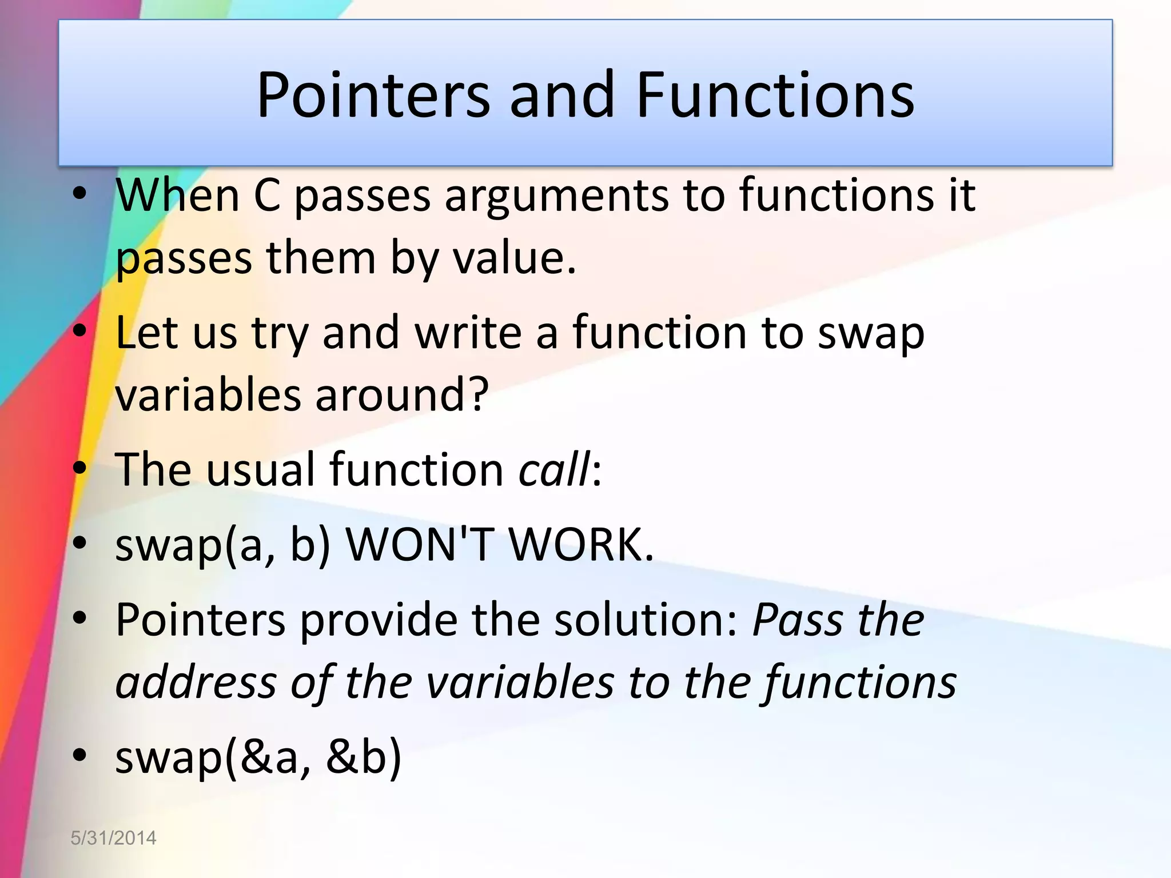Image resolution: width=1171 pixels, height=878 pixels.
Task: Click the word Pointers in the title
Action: click(x=373, y=95)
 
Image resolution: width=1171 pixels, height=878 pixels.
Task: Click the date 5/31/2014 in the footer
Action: click(x=113, y=838)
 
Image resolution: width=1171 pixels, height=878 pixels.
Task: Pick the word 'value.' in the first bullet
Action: click(x=515, y=258)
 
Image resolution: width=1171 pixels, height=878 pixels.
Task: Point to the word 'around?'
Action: click(x=402, y=395)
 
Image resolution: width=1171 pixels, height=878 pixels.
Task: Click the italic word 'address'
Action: click(x=196, y=683)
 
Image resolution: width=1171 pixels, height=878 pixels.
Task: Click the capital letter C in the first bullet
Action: click(x=266, y=196)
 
